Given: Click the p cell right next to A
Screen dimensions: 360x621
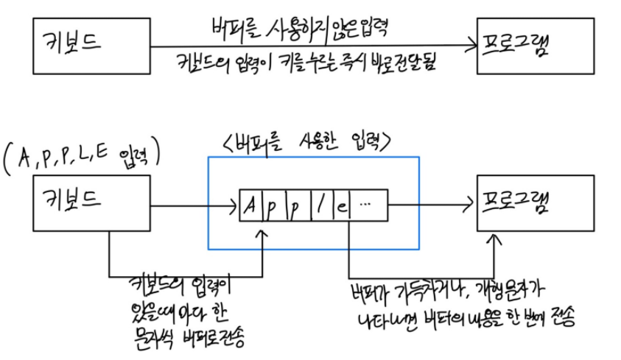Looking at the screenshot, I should coord(273,205).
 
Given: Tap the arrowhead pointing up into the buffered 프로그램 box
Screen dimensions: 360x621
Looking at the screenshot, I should coord(499,240).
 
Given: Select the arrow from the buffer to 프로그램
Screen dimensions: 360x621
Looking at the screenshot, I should coord(431,205).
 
